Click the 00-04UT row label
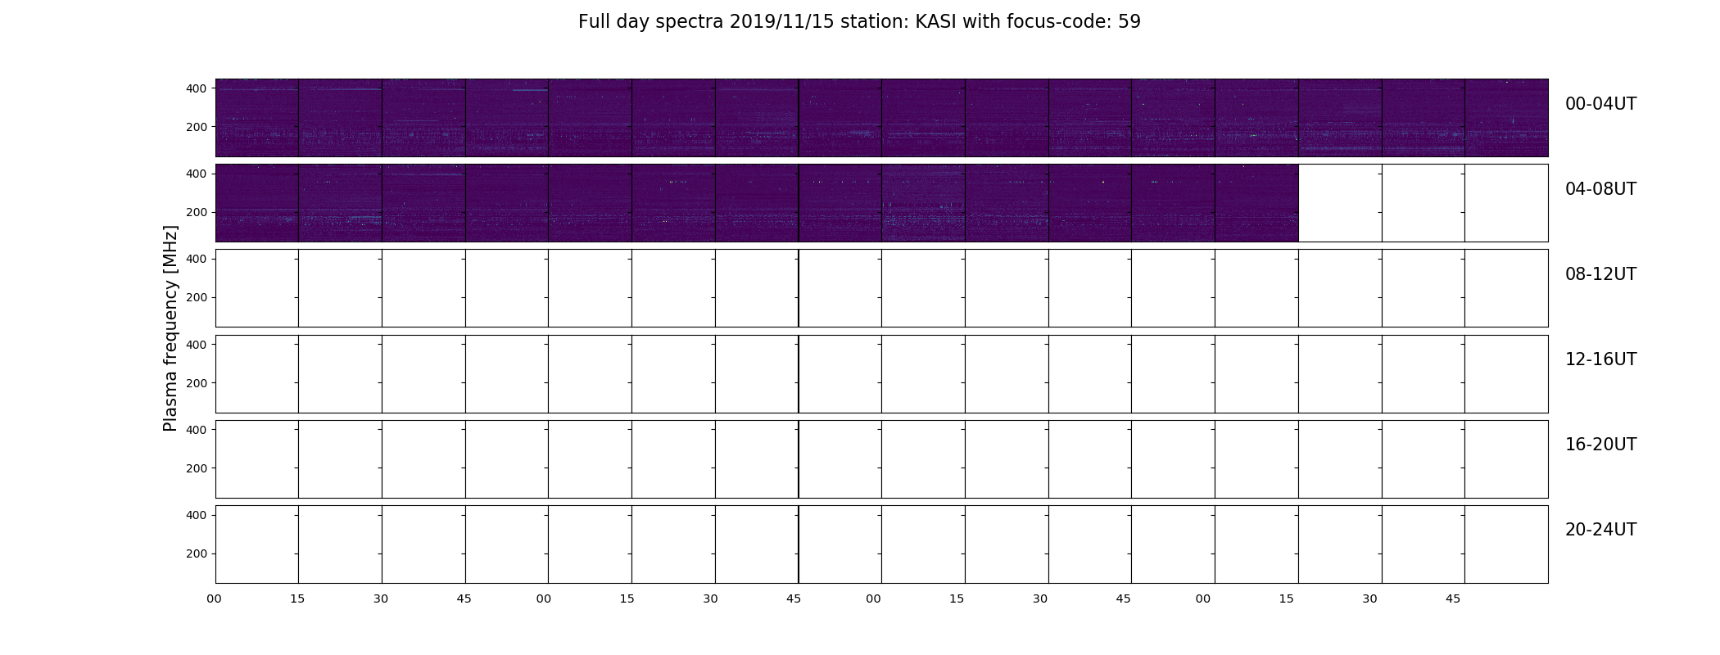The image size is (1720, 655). pyautogui.click(x=1600, y=104)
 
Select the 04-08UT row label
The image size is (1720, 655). pyautogui.click(x=1600, y=189)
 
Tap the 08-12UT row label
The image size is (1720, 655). pyautogui.click(x=1600, y=274)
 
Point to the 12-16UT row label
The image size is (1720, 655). pyautogui.click(x=1600, y=359)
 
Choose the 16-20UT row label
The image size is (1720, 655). pyautogui.click(x=1600, y=445)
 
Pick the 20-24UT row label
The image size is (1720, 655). pyautogui.click(x=1600, y=530)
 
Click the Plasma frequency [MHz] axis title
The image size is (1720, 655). pyautogui.click(x=170, y=328)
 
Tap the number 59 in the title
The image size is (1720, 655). pyautogui.click(x=1129, y=22)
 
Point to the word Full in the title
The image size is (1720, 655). pyautogui.click(x=594, y=22)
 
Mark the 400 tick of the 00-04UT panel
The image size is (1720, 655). pyautogui.click(x=197, y=88)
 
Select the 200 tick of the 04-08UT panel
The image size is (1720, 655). pyautogui.click(x=197, y=212)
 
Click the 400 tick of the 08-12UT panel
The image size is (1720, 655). pyautogui.click(x=197, y=259)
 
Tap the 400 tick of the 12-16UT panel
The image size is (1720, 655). pyautogui.click(x=197, y=345)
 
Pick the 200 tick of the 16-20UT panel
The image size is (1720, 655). pyautogui.click(x=197, y=468)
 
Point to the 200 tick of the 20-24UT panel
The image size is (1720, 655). pyautogui.click(x=197, y=553)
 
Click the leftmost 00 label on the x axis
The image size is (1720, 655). pyautogui.click(x=215, y=599)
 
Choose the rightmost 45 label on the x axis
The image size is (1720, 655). pyautogui.click(x=1453, y=599)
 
